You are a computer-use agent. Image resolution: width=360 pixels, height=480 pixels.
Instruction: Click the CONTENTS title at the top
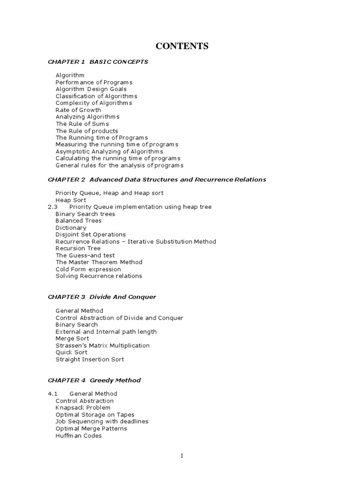pyautogui.click(x=182, y=46)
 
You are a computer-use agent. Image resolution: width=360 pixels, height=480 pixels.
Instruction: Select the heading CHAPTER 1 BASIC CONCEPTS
pyautogui.click(x=98, y=62)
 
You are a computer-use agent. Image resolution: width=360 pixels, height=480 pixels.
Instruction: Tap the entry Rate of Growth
pyautogui.click(x=78, y=110)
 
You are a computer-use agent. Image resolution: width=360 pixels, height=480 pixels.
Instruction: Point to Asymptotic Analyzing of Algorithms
pyautogui.click(x=109, y=151)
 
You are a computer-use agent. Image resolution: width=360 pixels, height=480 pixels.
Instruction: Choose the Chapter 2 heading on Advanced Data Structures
pyautogui.click(x=157, y=180)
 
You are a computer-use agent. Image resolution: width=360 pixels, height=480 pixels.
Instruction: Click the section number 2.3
pyautogui.click(x=52, y=207)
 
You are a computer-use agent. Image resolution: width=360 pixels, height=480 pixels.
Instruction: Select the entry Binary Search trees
pyautogui.click(x=85, y=214)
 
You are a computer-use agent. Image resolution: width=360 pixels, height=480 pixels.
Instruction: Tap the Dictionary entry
pyautogui.click(x=71, y=228)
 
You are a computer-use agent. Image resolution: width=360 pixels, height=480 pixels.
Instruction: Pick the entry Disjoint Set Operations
pyautogui.click(x=90, y=234)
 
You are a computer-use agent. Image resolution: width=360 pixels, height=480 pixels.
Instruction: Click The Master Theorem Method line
pyautogui.click(x=99, y=262)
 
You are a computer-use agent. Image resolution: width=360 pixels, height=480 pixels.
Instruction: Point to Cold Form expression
pyautogui.click(x=88, y=269)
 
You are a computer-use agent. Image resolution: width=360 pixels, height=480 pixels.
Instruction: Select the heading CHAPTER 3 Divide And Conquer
pyautogui.click(x=102, y=297)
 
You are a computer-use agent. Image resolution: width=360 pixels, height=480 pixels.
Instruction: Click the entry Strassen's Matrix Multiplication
pyautogui.click(x=103, y=345)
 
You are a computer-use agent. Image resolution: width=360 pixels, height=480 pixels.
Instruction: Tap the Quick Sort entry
pyautogui.click(x=71, y=352)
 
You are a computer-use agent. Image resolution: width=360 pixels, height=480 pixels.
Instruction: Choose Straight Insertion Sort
pyautogui.click(x=90, y=360)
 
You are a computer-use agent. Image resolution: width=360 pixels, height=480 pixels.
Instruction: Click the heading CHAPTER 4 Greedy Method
pyautogui.click(x=94, y=380)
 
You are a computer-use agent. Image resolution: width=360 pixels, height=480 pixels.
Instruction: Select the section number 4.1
pyautogui.click(x=52, y=394)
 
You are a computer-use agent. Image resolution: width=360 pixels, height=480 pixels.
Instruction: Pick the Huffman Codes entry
pyautogui.click(x=78, y=435)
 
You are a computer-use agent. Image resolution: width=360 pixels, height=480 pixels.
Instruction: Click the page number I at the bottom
pyautogui.click(x=182, y=456)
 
